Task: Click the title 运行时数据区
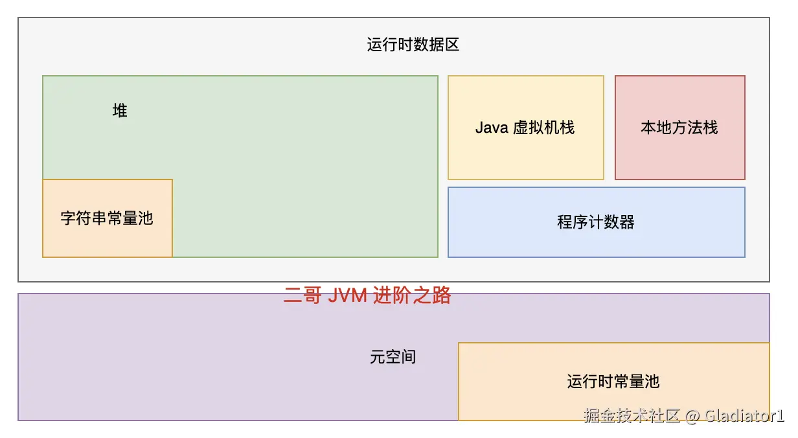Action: pyautogui.click(x=413, y=45)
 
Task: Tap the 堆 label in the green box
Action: pyautogui.click(x=120, y=111)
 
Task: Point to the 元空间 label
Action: pyautogui.click(x=393, y=357)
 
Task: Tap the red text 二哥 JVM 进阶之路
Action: pyautogui.click(x=367, y=296)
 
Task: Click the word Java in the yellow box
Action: pyautogui.click(x=492, y=128)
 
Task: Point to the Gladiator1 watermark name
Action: pyautogui.click(x=744, y=415)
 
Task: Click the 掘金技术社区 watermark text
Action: pyautogui.click(x=632, y=415)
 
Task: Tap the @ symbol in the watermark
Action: pyautogui.click(x=692, y=415)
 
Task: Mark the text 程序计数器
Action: pyautogui.click(x=596, y=222)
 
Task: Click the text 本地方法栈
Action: pyautogui.click(x=679, y=128)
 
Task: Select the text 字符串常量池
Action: pyautogui.click(x=107, y=218)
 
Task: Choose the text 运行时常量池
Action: pyautogui.click(x=613, y=382)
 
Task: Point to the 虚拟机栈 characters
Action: pyautogui.click(x=543, y=128)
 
